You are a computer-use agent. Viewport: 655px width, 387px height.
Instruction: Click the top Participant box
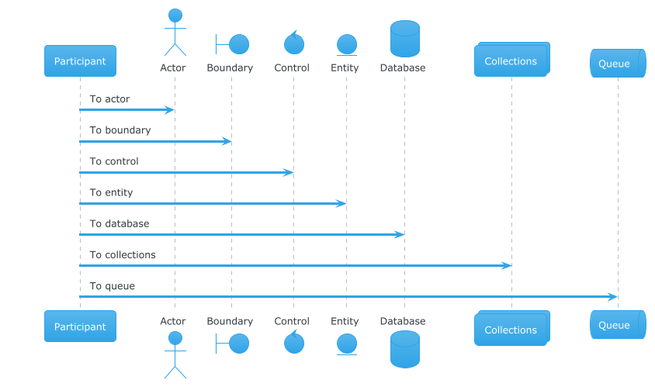80,61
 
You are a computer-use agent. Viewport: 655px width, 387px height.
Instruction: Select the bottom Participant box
80,326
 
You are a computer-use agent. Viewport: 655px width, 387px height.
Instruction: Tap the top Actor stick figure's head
175,16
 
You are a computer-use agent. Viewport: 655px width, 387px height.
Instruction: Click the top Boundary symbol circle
239,44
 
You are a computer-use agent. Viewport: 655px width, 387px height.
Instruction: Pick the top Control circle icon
294,44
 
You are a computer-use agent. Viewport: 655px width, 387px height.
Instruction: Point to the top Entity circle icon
347,44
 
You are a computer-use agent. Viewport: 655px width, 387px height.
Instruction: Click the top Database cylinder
405,39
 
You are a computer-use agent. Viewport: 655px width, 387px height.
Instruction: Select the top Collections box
511,60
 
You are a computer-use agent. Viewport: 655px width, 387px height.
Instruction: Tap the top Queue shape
618,63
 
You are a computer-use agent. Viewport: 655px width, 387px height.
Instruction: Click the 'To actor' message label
109,99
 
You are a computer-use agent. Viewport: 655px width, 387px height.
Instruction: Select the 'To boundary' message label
120,130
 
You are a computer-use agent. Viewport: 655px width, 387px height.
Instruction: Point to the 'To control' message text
113,161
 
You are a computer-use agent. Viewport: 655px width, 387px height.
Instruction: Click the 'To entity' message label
111,192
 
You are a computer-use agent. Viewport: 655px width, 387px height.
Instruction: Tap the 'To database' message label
119,224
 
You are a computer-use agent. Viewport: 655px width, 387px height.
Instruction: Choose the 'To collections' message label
123,254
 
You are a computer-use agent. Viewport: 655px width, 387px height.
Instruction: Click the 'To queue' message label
112,286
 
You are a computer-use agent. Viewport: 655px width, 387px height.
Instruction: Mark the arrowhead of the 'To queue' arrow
612,297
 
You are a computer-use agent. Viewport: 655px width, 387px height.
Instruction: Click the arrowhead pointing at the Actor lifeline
169,110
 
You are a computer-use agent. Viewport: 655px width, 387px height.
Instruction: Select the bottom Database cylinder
405,350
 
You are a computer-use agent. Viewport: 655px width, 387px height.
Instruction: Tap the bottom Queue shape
618,324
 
